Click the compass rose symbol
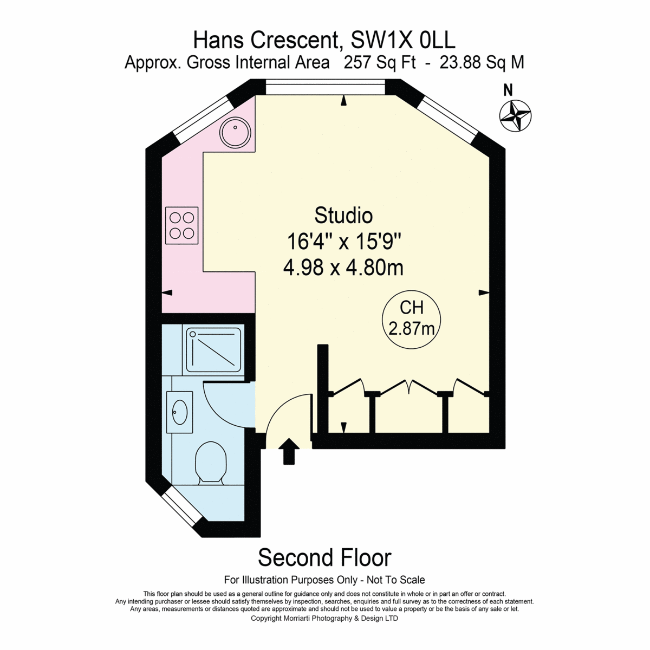tap(515, 116)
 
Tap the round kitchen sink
tap(235, 132)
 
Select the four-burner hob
tap(182, 225)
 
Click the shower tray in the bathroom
tap(213, 350)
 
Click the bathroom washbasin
tap(180, 412)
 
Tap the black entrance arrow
tap(289, 451)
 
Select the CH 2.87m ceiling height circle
tap(411, 320)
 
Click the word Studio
tap(343, 216)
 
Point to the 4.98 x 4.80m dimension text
tap(343, 269)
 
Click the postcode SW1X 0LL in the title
tap(403, 40)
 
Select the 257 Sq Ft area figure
tap(380, 63)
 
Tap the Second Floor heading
tap(324, 557)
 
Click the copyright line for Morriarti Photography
tap(324, 628)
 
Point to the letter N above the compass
tap(508, 90)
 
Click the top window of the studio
tap(325, 87)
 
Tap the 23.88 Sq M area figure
tap(482, 63)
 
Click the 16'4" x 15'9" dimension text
tap(344, 242)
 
